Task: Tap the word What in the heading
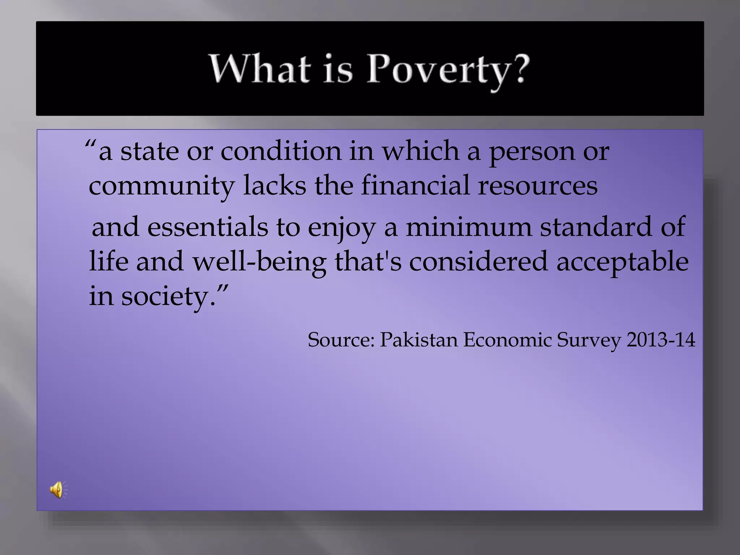coord(259,69)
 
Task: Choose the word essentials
coord(207,227)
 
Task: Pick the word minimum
coord(469,227)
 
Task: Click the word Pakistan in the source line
coord(418,340)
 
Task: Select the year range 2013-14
coord(661,340)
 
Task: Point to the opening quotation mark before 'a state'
coord(90,145)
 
